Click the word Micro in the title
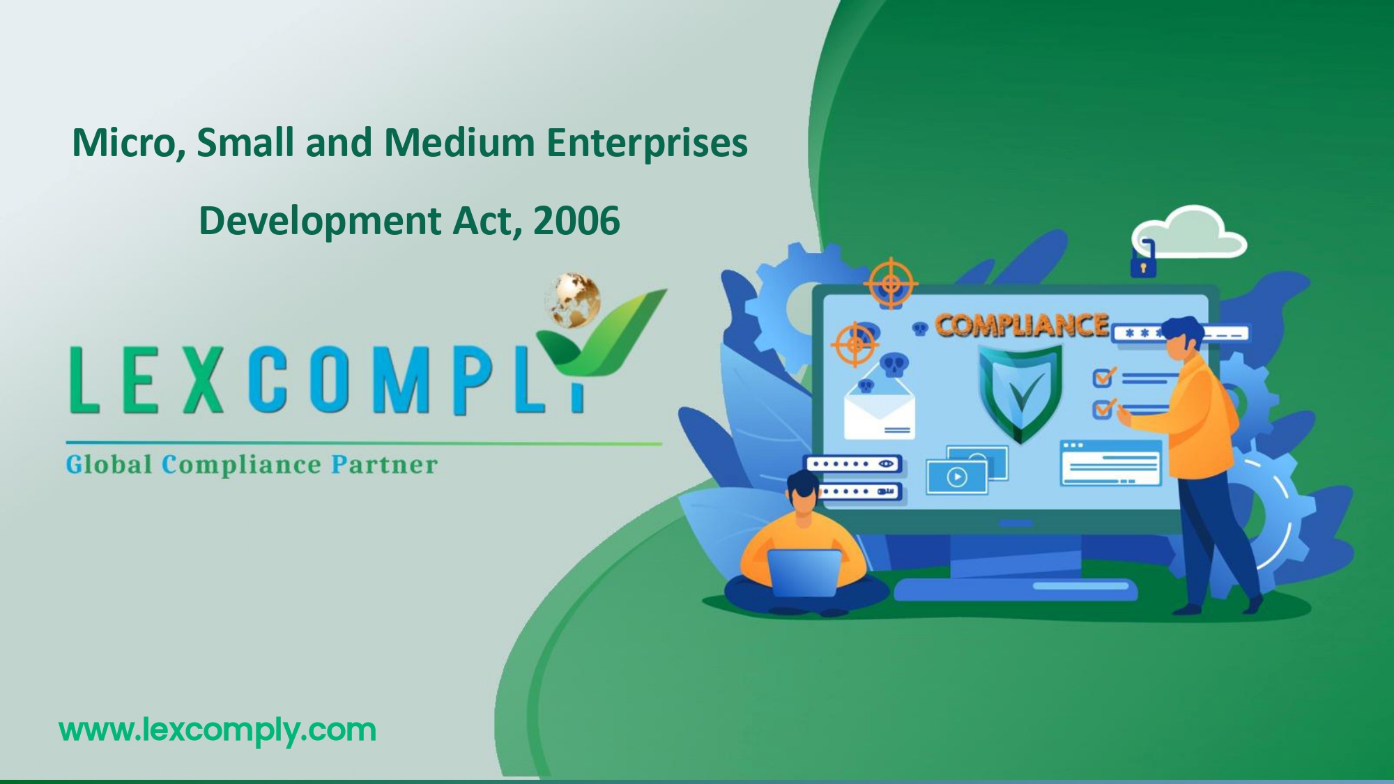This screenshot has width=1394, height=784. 123,143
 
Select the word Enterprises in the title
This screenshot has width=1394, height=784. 647,143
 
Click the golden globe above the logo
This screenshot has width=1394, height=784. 573,300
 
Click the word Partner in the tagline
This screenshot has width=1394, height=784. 384,464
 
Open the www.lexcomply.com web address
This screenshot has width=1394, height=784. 217,730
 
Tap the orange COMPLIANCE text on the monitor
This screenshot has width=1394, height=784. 1021,325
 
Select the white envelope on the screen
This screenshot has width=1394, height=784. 879,411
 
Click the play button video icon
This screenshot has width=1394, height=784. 957,477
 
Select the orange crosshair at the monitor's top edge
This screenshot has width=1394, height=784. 891,284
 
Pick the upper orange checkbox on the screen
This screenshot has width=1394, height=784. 1103,378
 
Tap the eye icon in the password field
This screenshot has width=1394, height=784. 885,463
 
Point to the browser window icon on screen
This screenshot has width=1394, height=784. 1110,462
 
